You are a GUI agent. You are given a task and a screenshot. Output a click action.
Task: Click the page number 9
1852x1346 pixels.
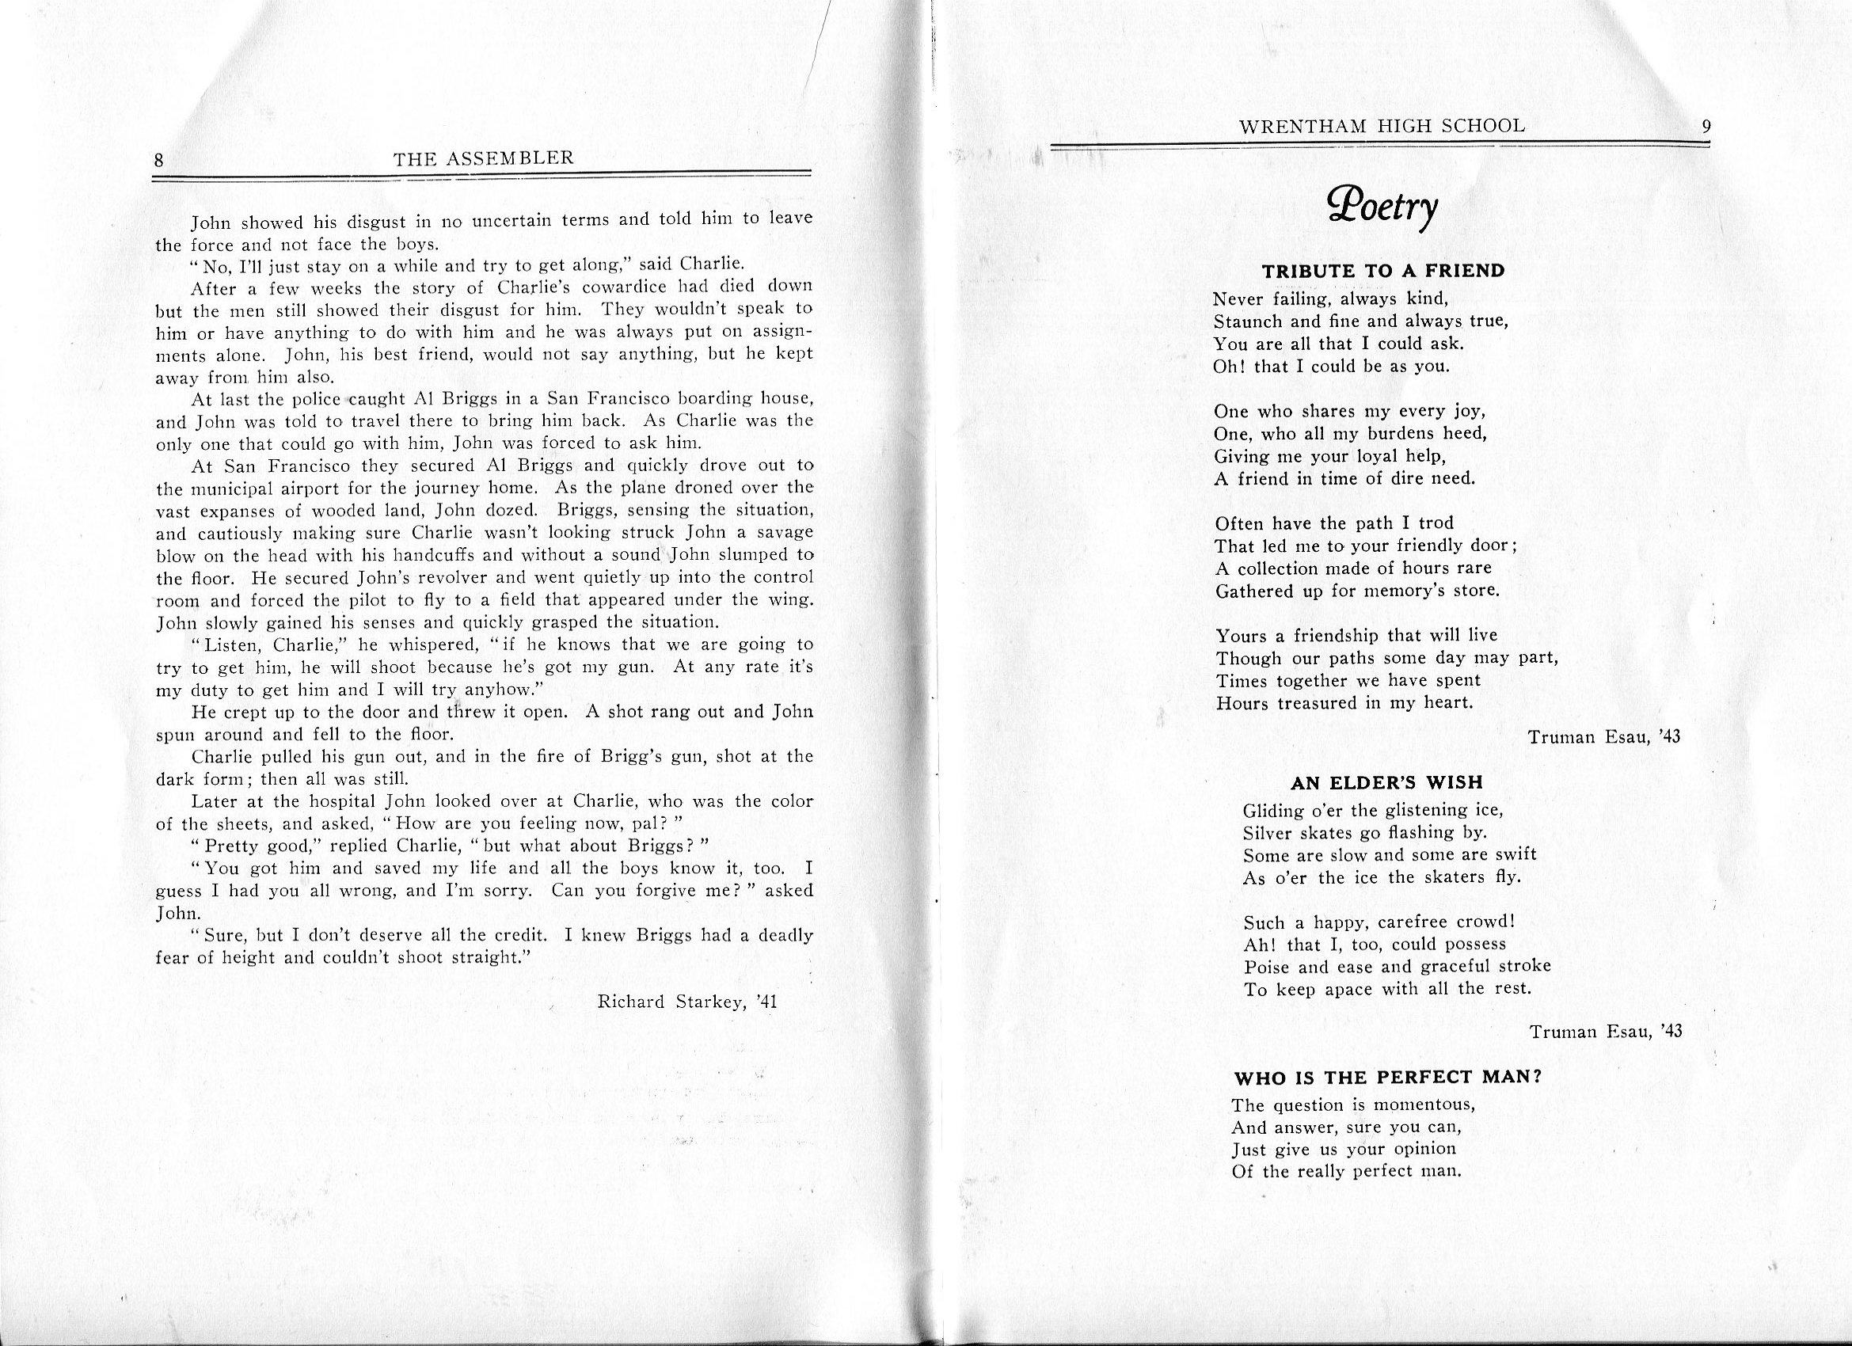(x=1706, y=127)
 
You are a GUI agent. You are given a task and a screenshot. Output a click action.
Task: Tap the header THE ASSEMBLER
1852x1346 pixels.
(x=484, y=158)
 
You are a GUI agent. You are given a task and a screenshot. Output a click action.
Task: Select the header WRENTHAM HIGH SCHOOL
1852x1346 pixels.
(x=1382, y=126)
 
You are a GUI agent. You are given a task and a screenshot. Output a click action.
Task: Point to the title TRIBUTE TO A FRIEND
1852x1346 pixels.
(x=1383, y=271)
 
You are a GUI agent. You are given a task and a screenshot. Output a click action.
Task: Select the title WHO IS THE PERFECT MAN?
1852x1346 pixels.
(x=1386, y=1077)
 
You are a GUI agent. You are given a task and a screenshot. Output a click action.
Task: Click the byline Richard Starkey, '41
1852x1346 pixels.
(x=686, y=1002)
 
